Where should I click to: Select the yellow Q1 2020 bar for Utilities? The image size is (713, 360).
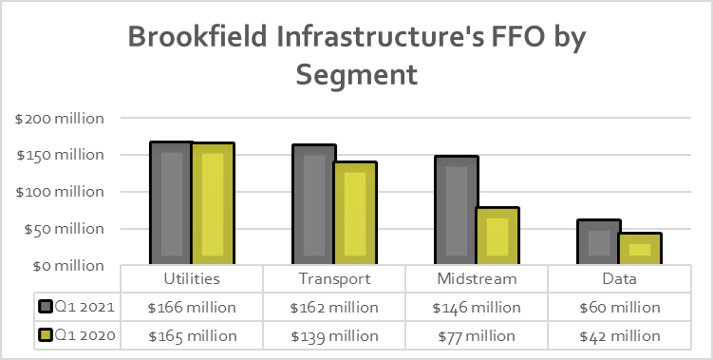coord(213,203)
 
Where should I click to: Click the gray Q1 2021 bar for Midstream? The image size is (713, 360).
coord(457,210)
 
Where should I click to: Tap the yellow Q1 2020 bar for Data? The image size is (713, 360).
coord(640,248)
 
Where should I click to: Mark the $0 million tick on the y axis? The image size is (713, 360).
coord(66,265)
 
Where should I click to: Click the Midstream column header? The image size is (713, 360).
coord(477,279)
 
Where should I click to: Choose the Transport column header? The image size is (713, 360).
coord(334,279)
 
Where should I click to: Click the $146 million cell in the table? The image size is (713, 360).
coord(477,308)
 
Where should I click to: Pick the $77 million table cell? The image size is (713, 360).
coord(477,335)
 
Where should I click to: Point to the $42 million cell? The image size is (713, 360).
coord(620,335)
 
